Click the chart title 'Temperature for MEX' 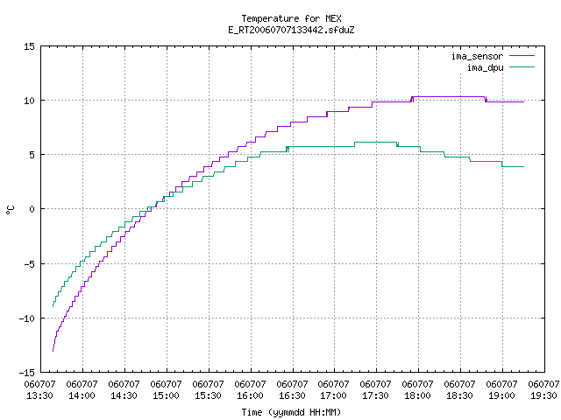tap(291, 18)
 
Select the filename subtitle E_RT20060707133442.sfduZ tap(291, 30)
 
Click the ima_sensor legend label tap(477, 56)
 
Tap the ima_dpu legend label tap(485, 67)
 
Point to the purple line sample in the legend tap(522, 56)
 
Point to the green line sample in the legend tap(522, 66)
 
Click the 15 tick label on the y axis tap(29, 46)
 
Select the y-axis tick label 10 tap(29, 101)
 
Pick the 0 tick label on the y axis tap(32, 209)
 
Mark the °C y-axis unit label tap(11, 210)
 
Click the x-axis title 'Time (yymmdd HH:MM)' tap(291, 412)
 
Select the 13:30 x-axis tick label tap(40, 395)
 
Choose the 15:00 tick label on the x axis tap(166, 395)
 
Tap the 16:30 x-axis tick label tap(292, 395)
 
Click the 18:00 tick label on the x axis tap(417, 395)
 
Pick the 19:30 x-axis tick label tap(543, 395)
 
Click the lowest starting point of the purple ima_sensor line tap(53, 352)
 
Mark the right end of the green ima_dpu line tap(524, 167)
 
